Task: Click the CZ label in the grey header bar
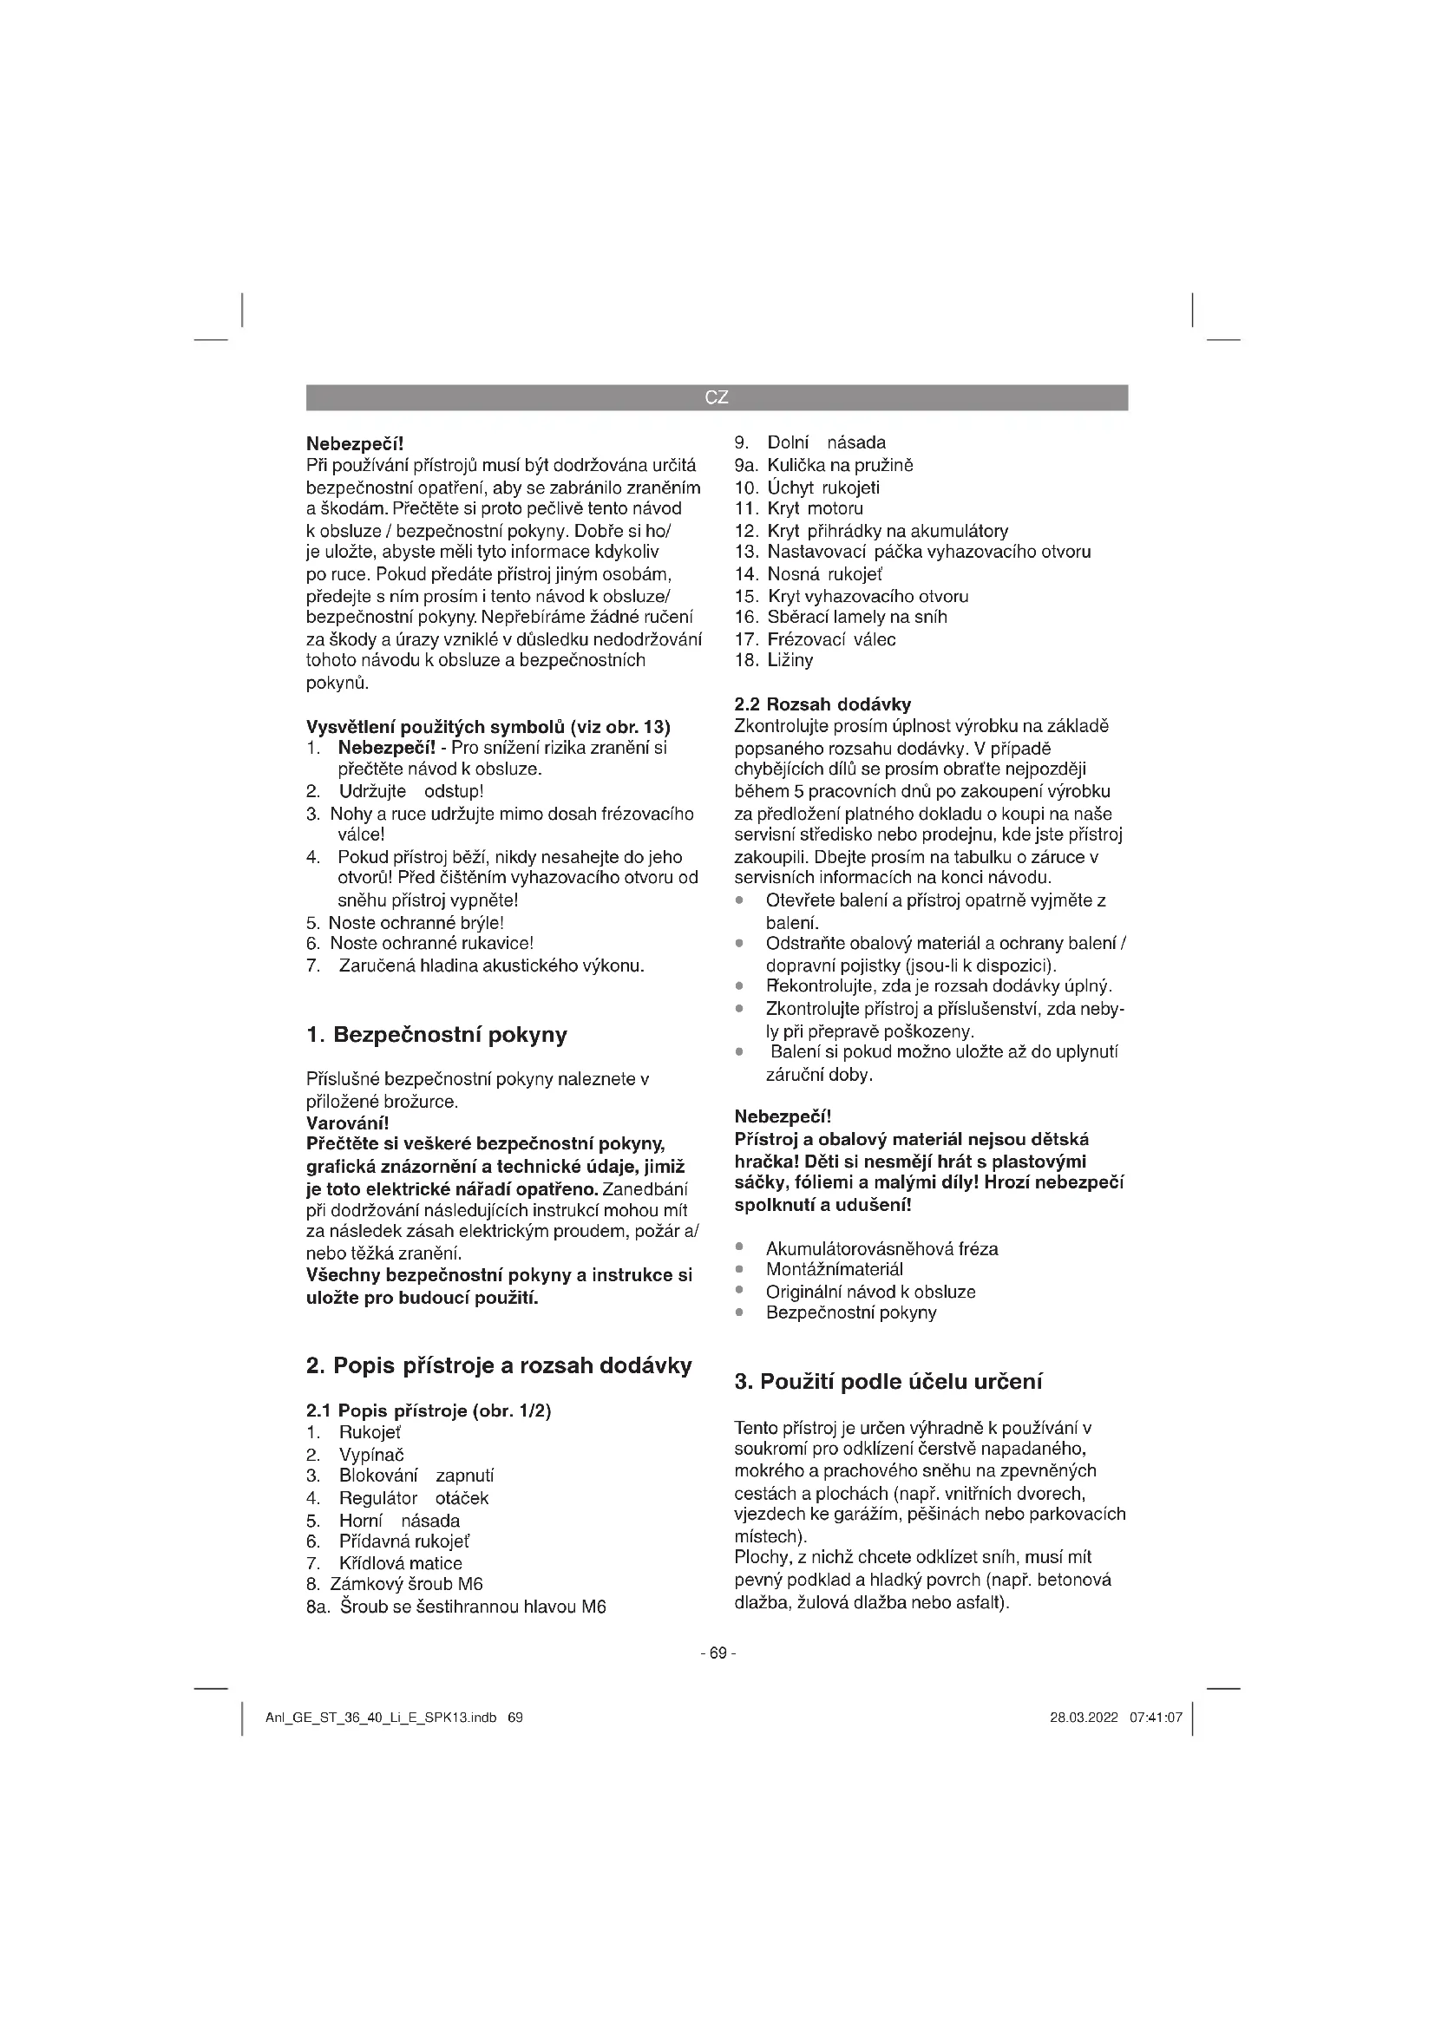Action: pyautogui.click(x=717, y=397)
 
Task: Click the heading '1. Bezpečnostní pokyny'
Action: pyautogui.click(x=436, y=1035)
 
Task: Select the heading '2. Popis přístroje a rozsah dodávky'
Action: pyautogui.click(x=498, y=1365)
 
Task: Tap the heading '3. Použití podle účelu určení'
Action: pyautogui.click(x=888, y=1381)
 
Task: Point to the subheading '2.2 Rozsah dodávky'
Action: pyautogui.click(x=822, y=704)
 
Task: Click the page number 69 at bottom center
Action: pyautogui.click(x=717, y=1653)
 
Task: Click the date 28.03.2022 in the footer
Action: pyautogui.click(x=1084, y=1718)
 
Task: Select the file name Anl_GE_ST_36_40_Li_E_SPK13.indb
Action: pyautogui.click(x=381, y=1718)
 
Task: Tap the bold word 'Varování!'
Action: pyautogui.click(x=347, y=1123)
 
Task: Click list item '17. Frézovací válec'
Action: pyautogui.click(x=815, y=639)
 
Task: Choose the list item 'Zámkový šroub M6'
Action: pyautogui.click(x=406, y=1585)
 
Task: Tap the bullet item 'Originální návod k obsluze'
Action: pyautogui.click(x=870, y=1291)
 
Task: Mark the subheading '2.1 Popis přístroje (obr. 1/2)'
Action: pyautogui.click(x=429, y=1410)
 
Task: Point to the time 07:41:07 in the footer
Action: pyautogui.click(x=1156, y=1718)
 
